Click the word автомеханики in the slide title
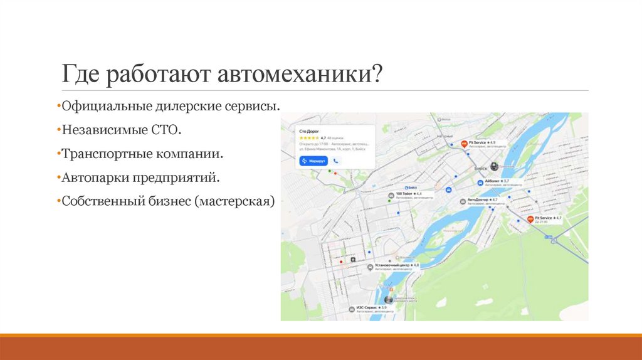(x=300, y=75)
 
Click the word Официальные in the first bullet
(x=99, y=107)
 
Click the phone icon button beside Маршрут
(x=336, y=161)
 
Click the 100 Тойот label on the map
(x=406, y=194)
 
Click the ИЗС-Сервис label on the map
(x=368, y=308)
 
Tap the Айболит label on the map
(x=492, y=181)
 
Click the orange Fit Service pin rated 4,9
(x=465, y=144)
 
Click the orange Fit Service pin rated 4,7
(x=530, y=219)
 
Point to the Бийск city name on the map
(x=481, y=169)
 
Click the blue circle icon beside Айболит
(x=480, y=182)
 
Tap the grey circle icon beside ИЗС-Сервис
(x=350, y=309)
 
